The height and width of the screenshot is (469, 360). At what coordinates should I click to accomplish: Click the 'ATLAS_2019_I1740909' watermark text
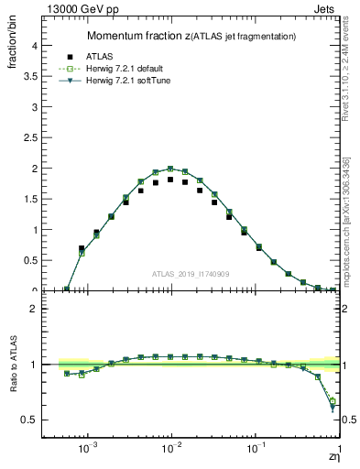(191, 274)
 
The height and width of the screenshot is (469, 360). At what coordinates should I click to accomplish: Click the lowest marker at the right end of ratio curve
(333, 406)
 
